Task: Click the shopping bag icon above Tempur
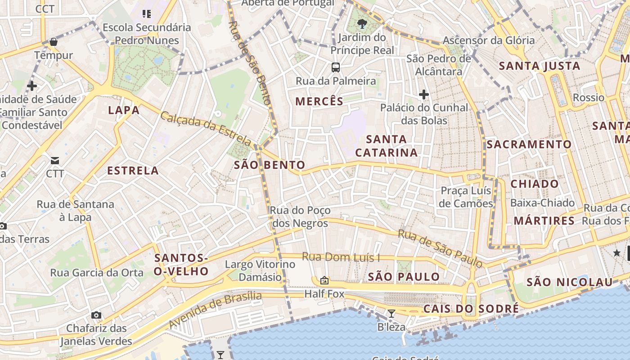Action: click(54, 42)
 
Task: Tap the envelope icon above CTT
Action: click(55, 161)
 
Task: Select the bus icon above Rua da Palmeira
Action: click(336, 67)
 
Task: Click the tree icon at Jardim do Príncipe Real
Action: click(362, 23)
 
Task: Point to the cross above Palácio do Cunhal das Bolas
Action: click(423, 94)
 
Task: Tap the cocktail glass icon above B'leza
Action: click(391, 314)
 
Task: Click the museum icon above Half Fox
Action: click(324, 281)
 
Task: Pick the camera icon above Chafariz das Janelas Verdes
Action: click(96, 315)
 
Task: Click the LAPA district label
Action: click(124, 110)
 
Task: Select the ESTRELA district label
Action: click(133, 171)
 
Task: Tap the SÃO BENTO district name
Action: click(270, 165)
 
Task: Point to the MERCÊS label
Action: click(319, 101)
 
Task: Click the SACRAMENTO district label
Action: click(529, 144)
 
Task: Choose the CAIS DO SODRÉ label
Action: click(471, 309)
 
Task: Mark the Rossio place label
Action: click(589, 98)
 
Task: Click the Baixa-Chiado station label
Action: click(542, 203)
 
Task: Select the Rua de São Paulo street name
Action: click(440, 248)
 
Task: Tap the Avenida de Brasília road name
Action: click(215, 310)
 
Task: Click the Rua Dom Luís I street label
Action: click(341, 257)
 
